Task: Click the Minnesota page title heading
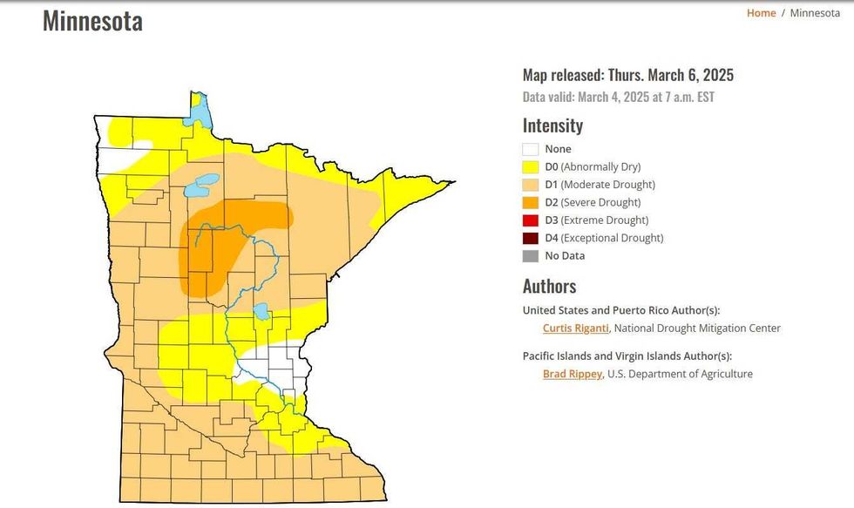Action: [x=92, y=21]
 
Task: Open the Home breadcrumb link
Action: [x=761, y=13]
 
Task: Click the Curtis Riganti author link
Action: [x=574, y=329]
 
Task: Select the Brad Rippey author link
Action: [x=572, y=374]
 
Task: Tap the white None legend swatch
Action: [x=531, y=149]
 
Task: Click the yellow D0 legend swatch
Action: [x=531, y=166]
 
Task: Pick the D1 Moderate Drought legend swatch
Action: [x=531, y=185]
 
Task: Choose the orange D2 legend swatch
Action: [x=531, y=202]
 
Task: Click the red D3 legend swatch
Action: [x=531, y=220]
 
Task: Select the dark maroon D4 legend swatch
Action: [x=531, y=238]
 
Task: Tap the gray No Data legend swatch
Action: [x=531, y=256]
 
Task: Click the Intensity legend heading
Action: [x=552, y=125]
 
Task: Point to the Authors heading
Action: [x=549, y=286]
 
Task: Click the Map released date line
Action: [x=627, y=75]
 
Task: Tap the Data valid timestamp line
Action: [x=618, y=97]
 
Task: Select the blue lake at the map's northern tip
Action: [x=200, y=111]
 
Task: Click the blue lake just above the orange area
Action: [x=202, y=184]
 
